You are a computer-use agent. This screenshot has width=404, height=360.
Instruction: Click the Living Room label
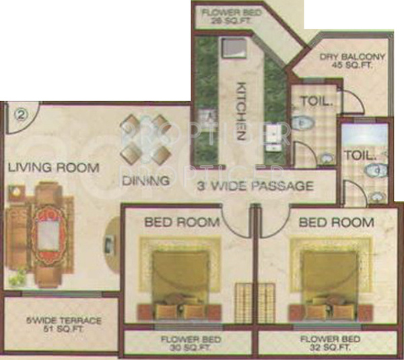pyautogui.click(x=53, y=167)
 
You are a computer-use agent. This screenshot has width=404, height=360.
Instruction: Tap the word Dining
pyautogui.click(x=145, y=181)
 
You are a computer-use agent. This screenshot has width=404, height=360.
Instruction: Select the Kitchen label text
pyautogui.click(x=240, y=111)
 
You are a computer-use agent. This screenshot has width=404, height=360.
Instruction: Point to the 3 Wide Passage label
pyautogui.click(x=255, y=186)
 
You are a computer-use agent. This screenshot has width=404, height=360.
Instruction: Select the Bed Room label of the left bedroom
pyautogui.click(x=182, y=222)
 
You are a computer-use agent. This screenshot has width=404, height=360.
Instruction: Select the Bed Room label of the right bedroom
pyautogui.click(x=336, y=222)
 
